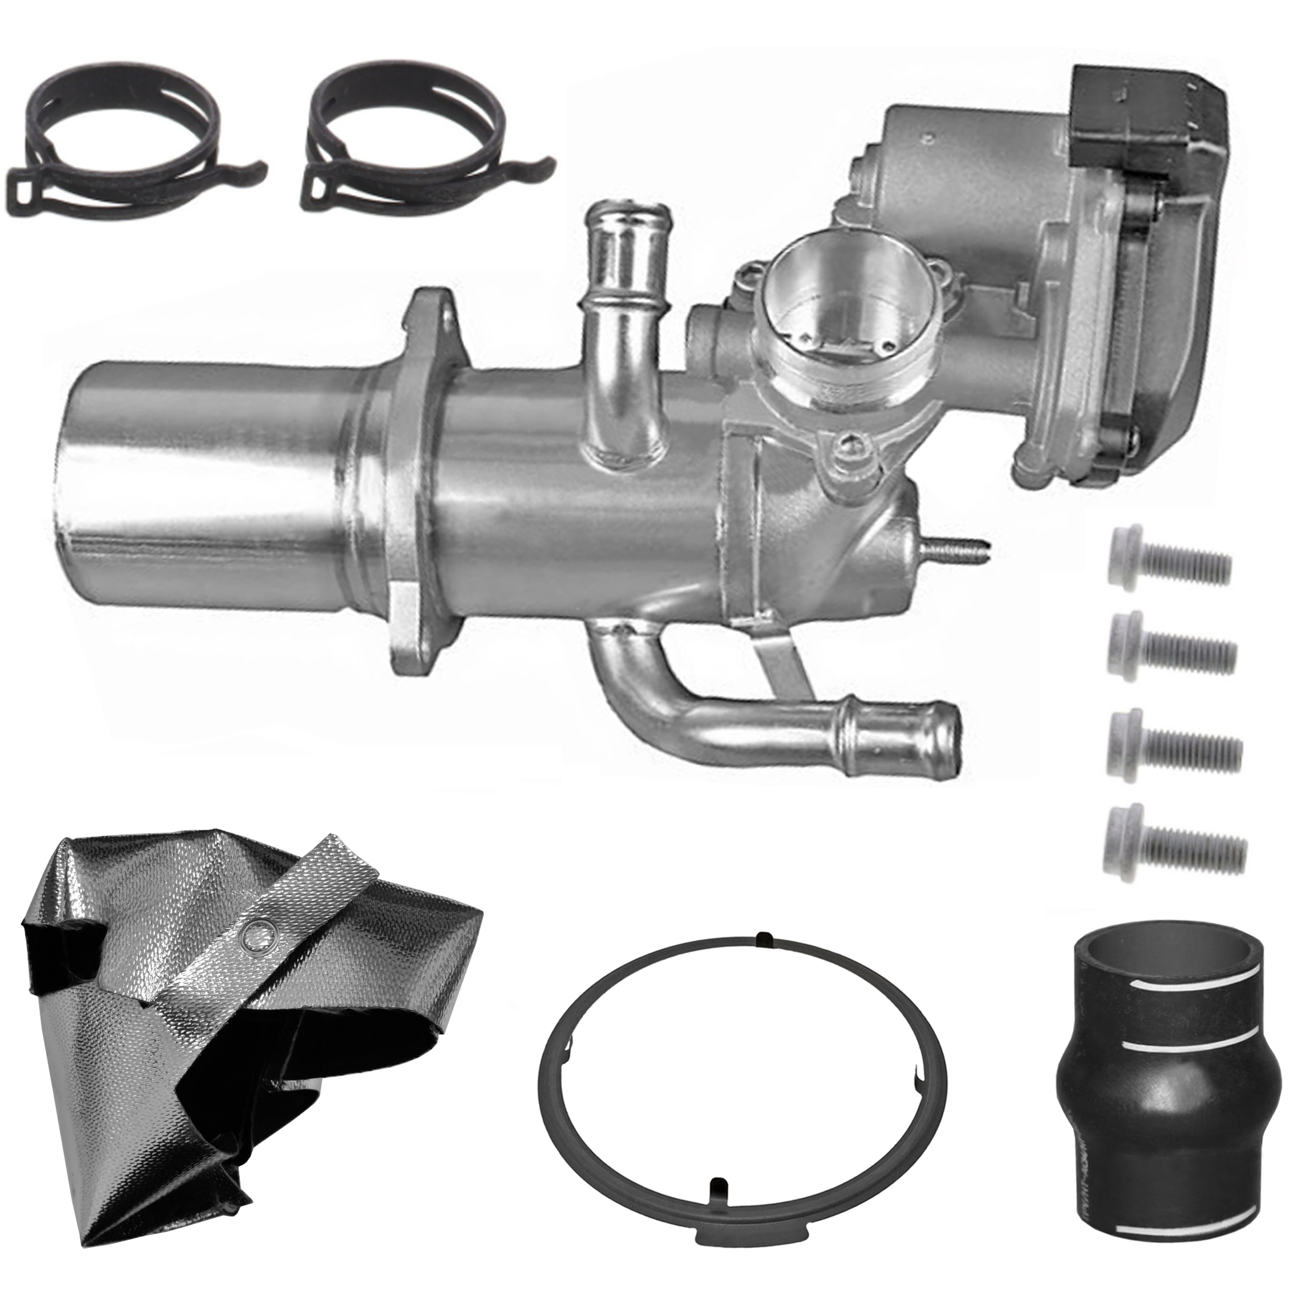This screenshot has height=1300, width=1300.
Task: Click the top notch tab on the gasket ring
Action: (x=762, y=937)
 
